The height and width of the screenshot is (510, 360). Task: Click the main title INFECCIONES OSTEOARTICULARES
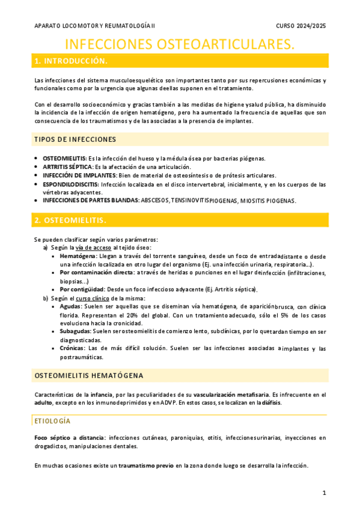(x=180, y=45)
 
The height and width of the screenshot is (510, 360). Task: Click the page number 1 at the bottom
(x=323, y=493)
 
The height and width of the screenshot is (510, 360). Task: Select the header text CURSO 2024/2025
(x=301, y=25)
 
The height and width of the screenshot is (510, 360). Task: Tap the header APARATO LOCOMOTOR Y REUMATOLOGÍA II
(x=94, y=25)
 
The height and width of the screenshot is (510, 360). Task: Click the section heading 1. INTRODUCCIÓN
(x=71, y=61)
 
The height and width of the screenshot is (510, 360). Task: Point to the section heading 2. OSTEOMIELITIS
(x=71, y=220)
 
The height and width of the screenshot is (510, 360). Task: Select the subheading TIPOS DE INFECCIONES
(x=75, y=140)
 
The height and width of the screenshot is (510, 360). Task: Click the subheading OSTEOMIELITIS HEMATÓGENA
(x=89, y=376)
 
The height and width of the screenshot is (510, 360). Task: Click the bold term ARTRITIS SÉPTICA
(x=67, y=167)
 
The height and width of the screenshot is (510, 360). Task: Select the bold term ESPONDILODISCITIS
(x=71, y=184)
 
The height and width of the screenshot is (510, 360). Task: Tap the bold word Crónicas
(x=73, y=348)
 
